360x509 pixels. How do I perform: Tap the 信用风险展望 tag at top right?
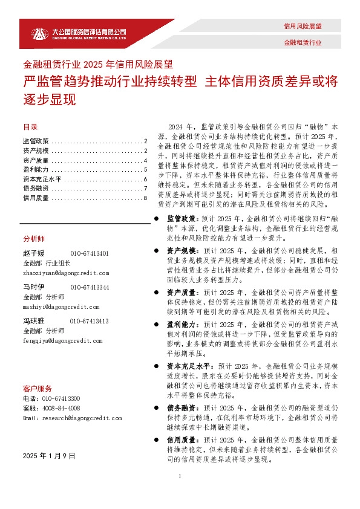(303, 27)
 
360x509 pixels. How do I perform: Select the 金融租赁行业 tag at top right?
(303, 43)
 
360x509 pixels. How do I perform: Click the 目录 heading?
(30, 128)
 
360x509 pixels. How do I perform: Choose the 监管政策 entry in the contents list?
(36, 141)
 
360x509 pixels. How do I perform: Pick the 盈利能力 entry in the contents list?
(36, 170)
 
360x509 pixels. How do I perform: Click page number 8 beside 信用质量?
(146, 198)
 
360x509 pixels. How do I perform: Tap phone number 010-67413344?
(90, 287)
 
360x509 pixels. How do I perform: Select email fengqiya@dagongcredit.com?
(62, 340)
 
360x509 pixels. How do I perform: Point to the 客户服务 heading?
(37, 388)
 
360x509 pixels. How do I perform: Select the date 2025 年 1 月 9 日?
(48, 455)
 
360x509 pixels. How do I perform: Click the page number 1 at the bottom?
(180, 494)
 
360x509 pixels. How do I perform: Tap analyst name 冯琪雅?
(33, 321)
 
